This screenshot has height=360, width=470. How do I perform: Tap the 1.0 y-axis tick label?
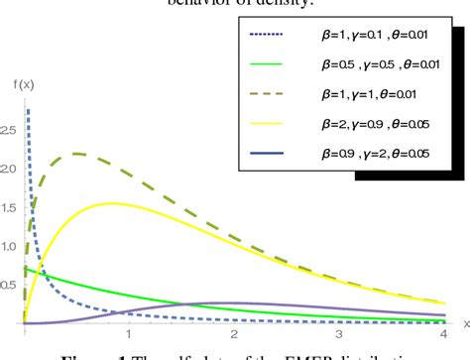(x=11, y=244)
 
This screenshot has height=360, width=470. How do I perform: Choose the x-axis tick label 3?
(x=338, y=335)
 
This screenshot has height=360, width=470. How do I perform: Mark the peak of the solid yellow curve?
(x=111, y=203)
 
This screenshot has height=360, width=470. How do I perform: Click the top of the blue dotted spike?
(x=28, y=110)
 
